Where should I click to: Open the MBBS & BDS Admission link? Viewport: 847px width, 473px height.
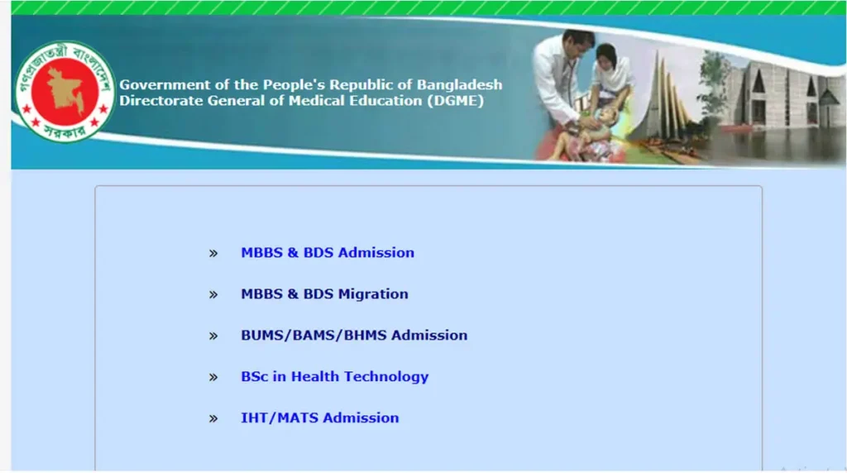coord(328,253)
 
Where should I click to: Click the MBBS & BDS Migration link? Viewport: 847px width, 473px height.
coord(324,294)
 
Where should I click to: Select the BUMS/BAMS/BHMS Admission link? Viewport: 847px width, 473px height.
coord(354,336)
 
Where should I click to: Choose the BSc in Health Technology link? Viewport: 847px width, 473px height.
coord(334,377)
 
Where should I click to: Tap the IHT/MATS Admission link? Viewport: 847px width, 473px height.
coord(319,418)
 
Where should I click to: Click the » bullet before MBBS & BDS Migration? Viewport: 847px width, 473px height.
coord(213,295)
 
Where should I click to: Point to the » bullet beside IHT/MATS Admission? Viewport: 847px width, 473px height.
coord(213,419)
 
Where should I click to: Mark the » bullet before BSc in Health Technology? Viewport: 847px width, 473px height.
coord(213,378)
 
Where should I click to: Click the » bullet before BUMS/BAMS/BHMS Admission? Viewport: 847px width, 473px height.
coord(213,337)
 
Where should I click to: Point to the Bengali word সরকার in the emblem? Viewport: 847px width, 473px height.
coord(65,130)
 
